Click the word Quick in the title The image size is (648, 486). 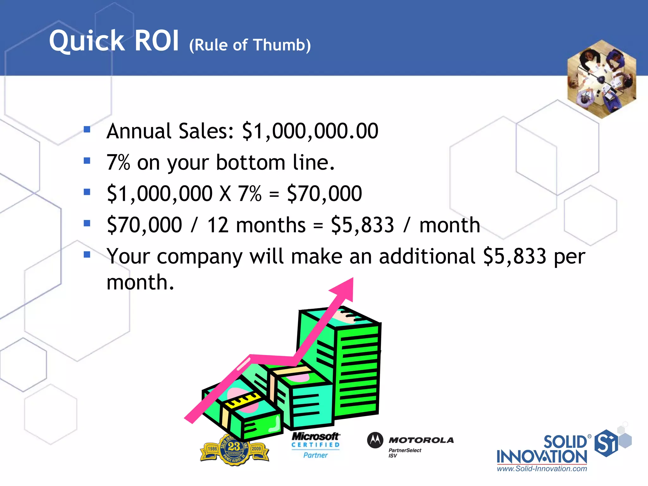pyautogui.click(x=87, y=41)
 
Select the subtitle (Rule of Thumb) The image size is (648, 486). pyautogui.click(x=250, y=45)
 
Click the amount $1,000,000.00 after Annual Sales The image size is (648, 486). pyautogui.click(x=310, y=131)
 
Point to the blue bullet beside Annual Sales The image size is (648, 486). pyautogui.click(x=87, y=129)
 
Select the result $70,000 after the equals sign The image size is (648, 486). pyautogui.click(x=324, y=194)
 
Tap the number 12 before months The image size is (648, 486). pyautogui.click(x=218, y=225)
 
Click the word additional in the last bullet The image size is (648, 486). pyautogui.click(x=427, y=256)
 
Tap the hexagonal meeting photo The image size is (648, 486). pyautogui.click(x=601, y=79)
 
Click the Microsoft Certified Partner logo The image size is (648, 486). pyautogui.click(x=315, y=445)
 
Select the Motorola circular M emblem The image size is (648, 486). pyautogui.click(x=375, y=440)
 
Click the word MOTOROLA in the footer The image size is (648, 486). pyautogui.click(x=421, y=440)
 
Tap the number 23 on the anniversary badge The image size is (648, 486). pyautogui.click(x=234, y=446)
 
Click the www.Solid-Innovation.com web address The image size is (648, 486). pyautogui.click(x=542, y=469)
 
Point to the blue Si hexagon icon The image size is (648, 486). pyautogui.click(x=606, y=443)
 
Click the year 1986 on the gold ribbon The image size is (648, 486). pyautogui.click(x=212, y=449)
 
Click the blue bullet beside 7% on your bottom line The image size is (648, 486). pyautogui.click(x=87, y=161)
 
